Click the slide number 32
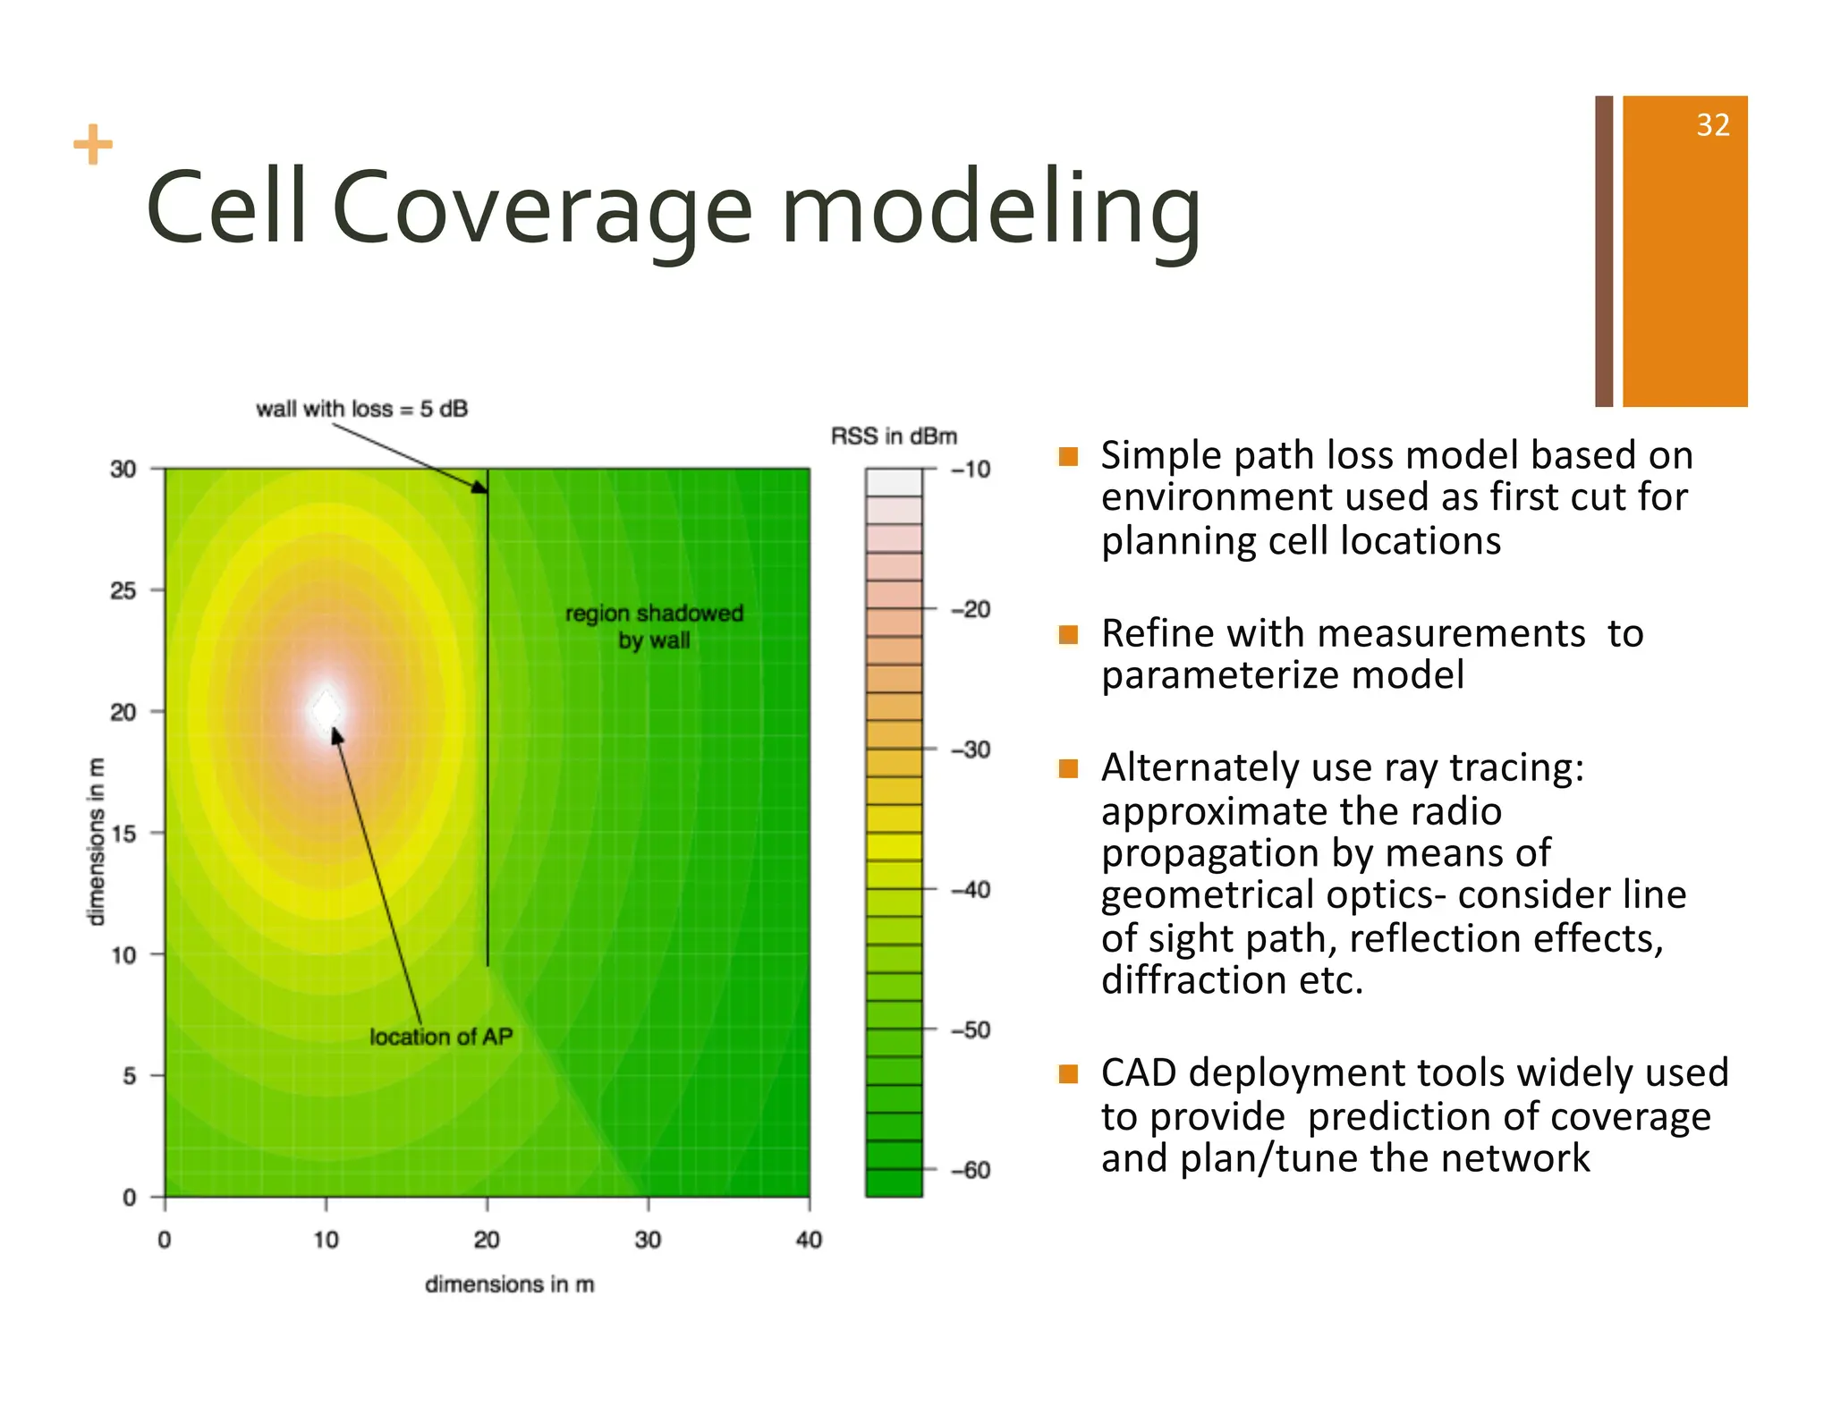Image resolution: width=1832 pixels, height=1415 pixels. tap(1712, 125)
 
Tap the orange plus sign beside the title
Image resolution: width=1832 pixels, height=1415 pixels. tap(93, 145)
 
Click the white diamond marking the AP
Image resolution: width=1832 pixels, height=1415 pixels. tap(327, 712)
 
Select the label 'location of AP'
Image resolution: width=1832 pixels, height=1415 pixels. tap(441, 1037)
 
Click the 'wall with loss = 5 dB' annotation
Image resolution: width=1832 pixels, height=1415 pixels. tap(361, 409)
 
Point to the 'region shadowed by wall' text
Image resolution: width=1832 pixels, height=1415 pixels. tap(654, 626)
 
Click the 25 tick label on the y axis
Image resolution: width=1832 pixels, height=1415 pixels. tap(123, 590)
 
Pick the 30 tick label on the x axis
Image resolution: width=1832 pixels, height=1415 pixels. tap(648, 1240)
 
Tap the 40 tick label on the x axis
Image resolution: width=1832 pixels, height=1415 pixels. tap(809, 1240)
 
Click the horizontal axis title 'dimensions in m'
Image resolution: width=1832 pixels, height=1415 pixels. tap(509, 1284)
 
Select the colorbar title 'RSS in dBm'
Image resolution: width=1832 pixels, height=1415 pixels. tap(894, 436)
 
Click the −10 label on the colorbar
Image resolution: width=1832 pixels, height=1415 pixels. tap(971, 470)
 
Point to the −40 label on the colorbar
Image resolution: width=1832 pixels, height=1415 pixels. tap(971, 890)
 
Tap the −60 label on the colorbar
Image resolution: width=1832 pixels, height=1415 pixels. tap(971, 1170)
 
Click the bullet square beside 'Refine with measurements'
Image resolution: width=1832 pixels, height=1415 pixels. tap(1068, 635)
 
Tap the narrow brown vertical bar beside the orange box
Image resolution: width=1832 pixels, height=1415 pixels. tap(1604, 250)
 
